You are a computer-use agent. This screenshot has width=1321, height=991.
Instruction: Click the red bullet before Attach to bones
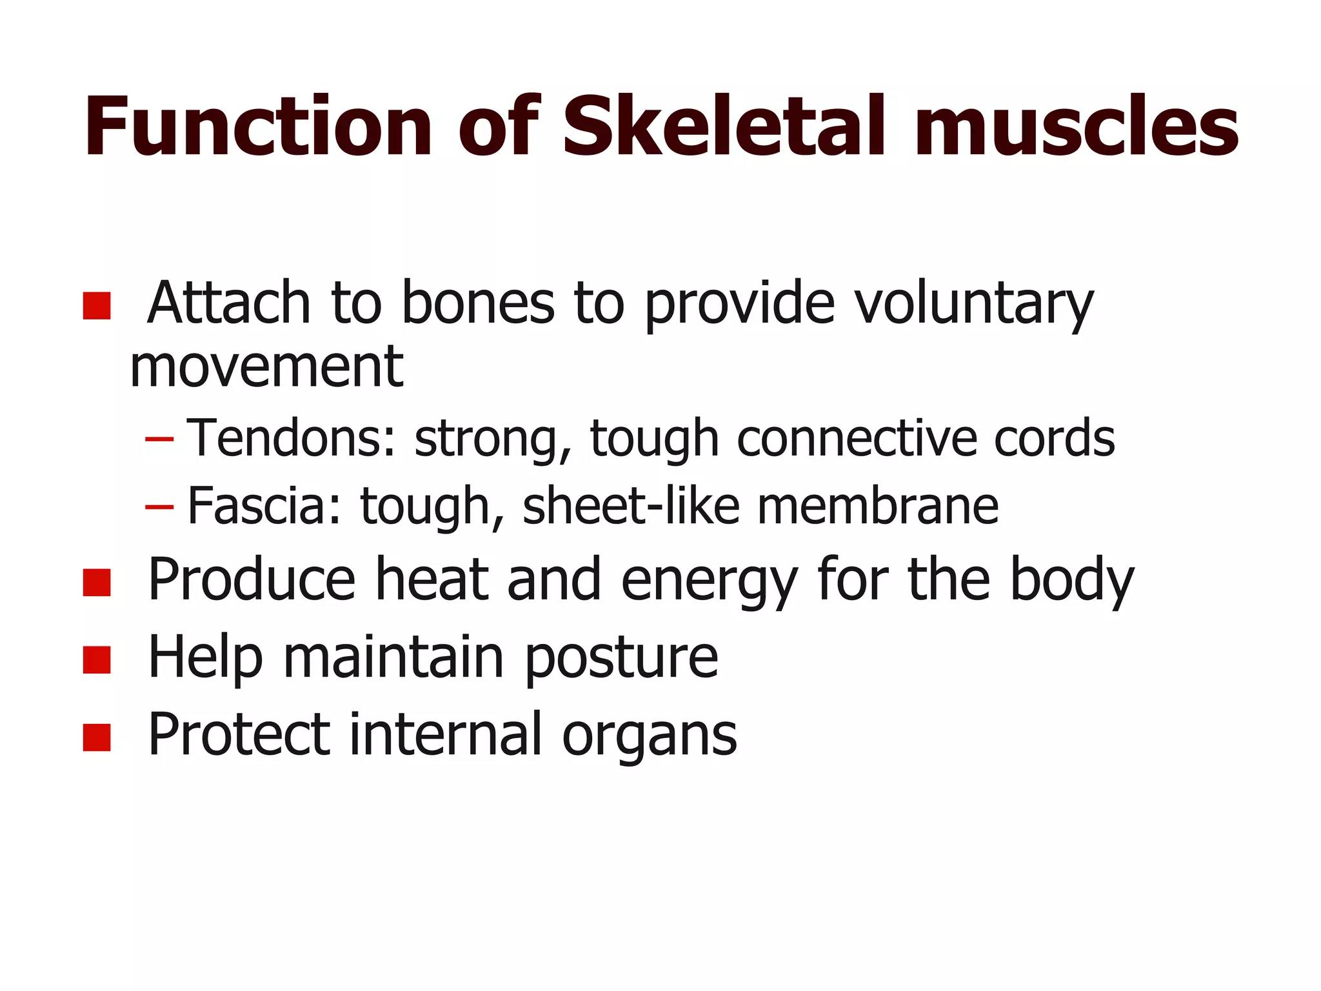(97, 306)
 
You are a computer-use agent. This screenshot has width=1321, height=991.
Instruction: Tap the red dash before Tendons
(159, 439)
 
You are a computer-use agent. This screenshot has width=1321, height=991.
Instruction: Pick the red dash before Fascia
(159, 506)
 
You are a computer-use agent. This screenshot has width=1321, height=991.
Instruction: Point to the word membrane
(878, 506)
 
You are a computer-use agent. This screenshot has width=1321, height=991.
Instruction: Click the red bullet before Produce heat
(97, 582)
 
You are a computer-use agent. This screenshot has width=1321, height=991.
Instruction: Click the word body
(1071, 581)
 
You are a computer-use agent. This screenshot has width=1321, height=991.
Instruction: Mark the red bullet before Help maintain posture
(97, 660)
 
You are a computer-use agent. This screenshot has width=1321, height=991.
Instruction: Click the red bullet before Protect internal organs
(97, 737)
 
